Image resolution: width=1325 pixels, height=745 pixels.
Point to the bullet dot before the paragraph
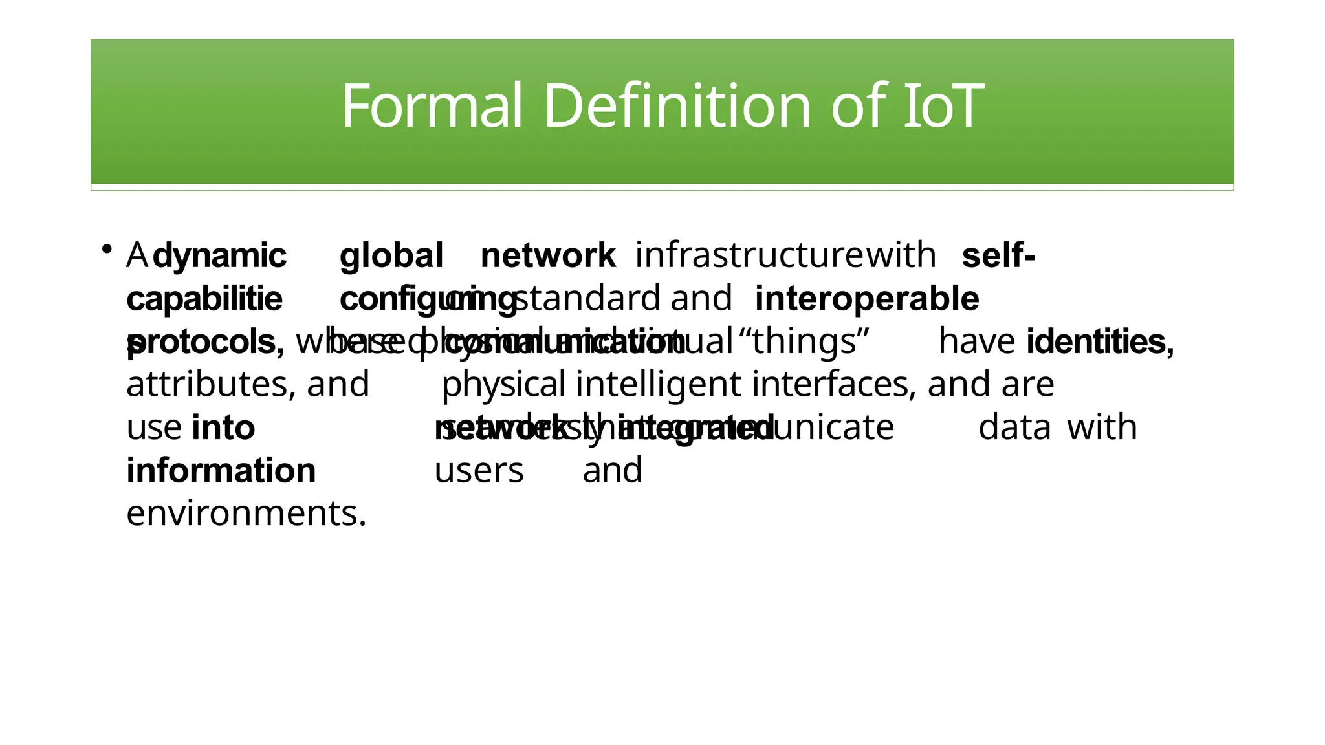pyautogui.click(x=107, y=249)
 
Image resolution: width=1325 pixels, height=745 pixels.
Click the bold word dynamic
pyautogui.click(x=220, y=256)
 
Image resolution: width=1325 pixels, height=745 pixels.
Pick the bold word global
pyautogui.click(x=391, y=256)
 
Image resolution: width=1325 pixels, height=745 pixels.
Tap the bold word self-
pyautogui.click(x=998, y=256)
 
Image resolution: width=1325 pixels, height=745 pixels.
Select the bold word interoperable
pyautogui.click(x=867, y=299)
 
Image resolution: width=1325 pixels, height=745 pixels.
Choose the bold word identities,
pyautogui.click(x=1100, y=341)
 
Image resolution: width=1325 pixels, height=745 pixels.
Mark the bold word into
pyautogui.click(x=223, y=428)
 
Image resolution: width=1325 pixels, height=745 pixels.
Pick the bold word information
pyautogui.click(x=221, y=471)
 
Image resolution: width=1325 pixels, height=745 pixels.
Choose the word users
pyautogui.click(x=479, y=471)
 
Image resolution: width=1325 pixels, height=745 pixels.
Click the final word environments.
pyautogui.click(x=246, y=513)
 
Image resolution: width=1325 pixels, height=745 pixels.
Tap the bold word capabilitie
pyautogui.click(x=204, y=299)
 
